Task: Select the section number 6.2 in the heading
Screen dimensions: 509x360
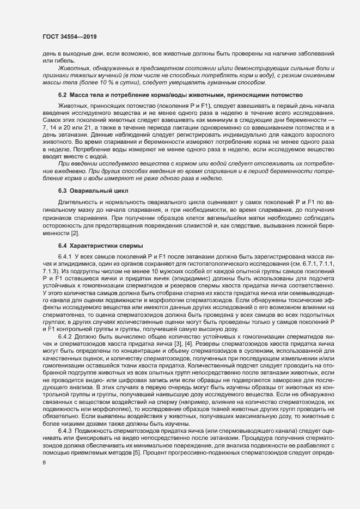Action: [63, 95]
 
